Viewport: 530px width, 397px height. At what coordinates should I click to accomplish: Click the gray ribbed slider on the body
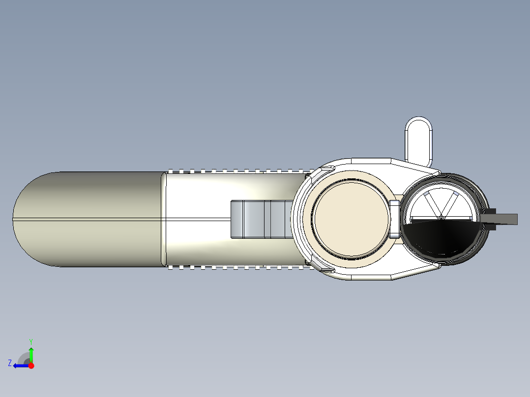(x=261, y=220)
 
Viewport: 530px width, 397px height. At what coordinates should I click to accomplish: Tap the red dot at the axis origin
(x=31, y=366)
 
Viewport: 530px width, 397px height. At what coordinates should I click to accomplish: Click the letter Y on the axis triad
(x=31, y=341)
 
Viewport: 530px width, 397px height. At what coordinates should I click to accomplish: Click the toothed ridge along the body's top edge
(x=236, y=171)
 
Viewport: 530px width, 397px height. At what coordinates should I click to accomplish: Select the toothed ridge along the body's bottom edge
(x=236, y=268)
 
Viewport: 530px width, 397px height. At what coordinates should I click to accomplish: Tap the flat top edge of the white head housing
(x=371, y=160)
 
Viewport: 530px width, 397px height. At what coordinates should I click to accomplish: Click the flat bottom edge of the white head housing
(x=371, y=279)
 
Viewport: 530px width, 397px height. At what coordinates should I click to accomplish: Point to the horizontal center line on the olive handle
(x=88, y=219)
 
